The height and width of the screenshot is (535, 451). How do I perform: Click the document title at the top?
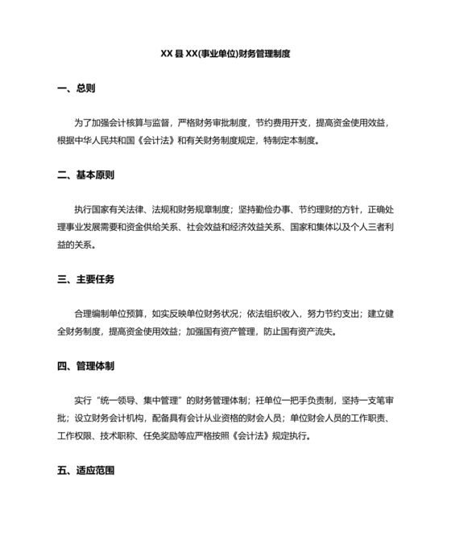click(x=225, y=54)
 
